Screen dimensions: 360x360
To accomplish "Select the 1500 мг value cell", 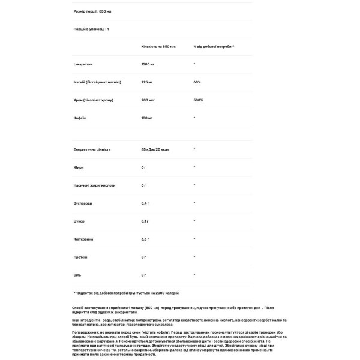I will [x=148, y=63].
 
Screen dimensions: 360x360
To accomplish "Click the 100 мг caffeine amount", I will [x=147, y=118].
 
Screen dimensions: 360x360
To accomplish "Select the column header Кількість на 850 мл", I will [x=158, y=46].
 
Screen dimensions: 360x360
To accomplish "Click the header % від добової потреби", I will [x=214, y=46].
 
